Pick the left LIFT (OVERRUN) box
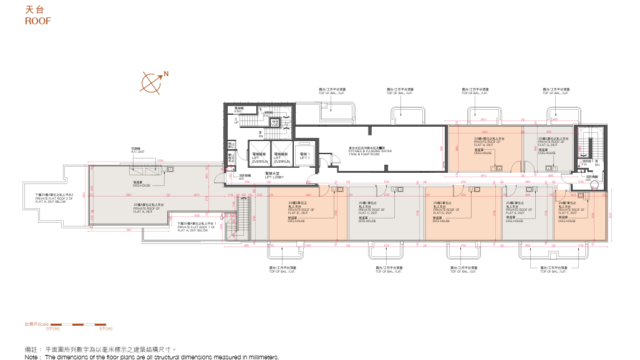click(x=258, y=157)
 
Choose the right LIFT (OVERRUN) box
click(x=281, y=157)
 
